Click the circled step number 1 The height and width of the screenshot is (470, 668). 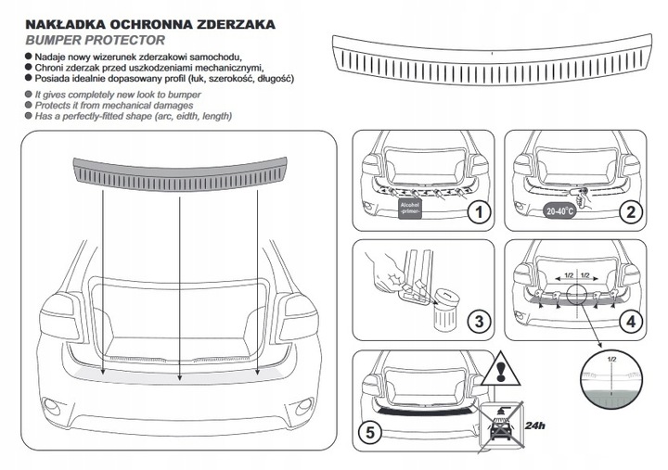click(479, 213)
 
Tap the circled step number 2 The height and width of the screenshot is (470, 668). click(630, 212)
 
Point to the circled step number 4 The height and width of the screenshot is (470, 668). click(630, 323)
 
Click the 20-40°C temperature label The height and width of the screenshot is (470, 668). click(559, 210)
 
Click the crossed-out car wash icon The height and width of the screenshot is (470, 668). click(502, 428)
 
